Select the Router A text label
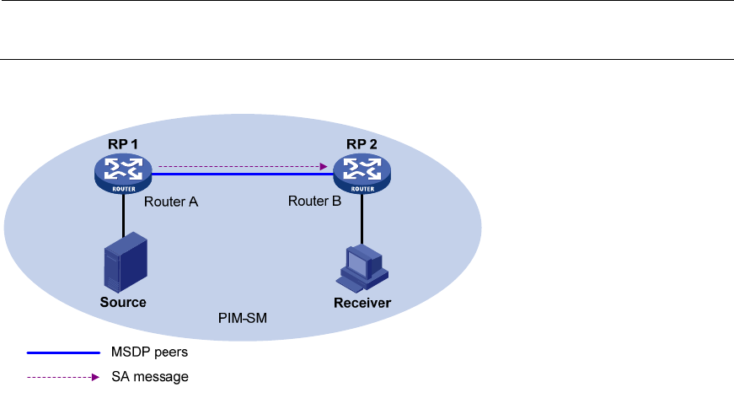[170, 202]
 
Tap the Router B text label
[313, 202]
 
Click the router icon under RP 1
[123, 173]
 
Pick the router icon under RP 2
[362, 173]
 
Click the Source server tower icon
[123, 264]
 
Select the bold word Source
[123, 302]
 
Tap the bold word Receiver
[362, 303]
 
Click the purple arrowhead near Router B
[324, 166]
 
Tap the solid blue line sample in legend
[63, 352]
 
